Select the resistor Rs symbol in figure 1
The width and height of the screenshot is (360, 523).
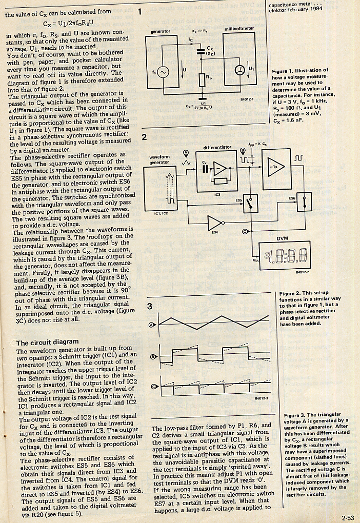click(202, 79)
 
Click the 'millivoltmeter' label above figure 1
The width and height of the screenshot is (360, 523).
click(239, 29)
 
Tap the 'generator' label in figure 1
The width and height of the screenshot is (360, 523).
click(160, 31)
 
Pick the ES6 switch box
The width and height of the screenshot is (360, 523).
click(304, 202)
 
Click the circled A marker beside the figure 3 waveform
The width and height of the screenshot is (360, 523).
click(151, 325)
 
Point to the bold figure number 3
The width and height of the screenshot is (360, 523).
click(149, 307)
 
